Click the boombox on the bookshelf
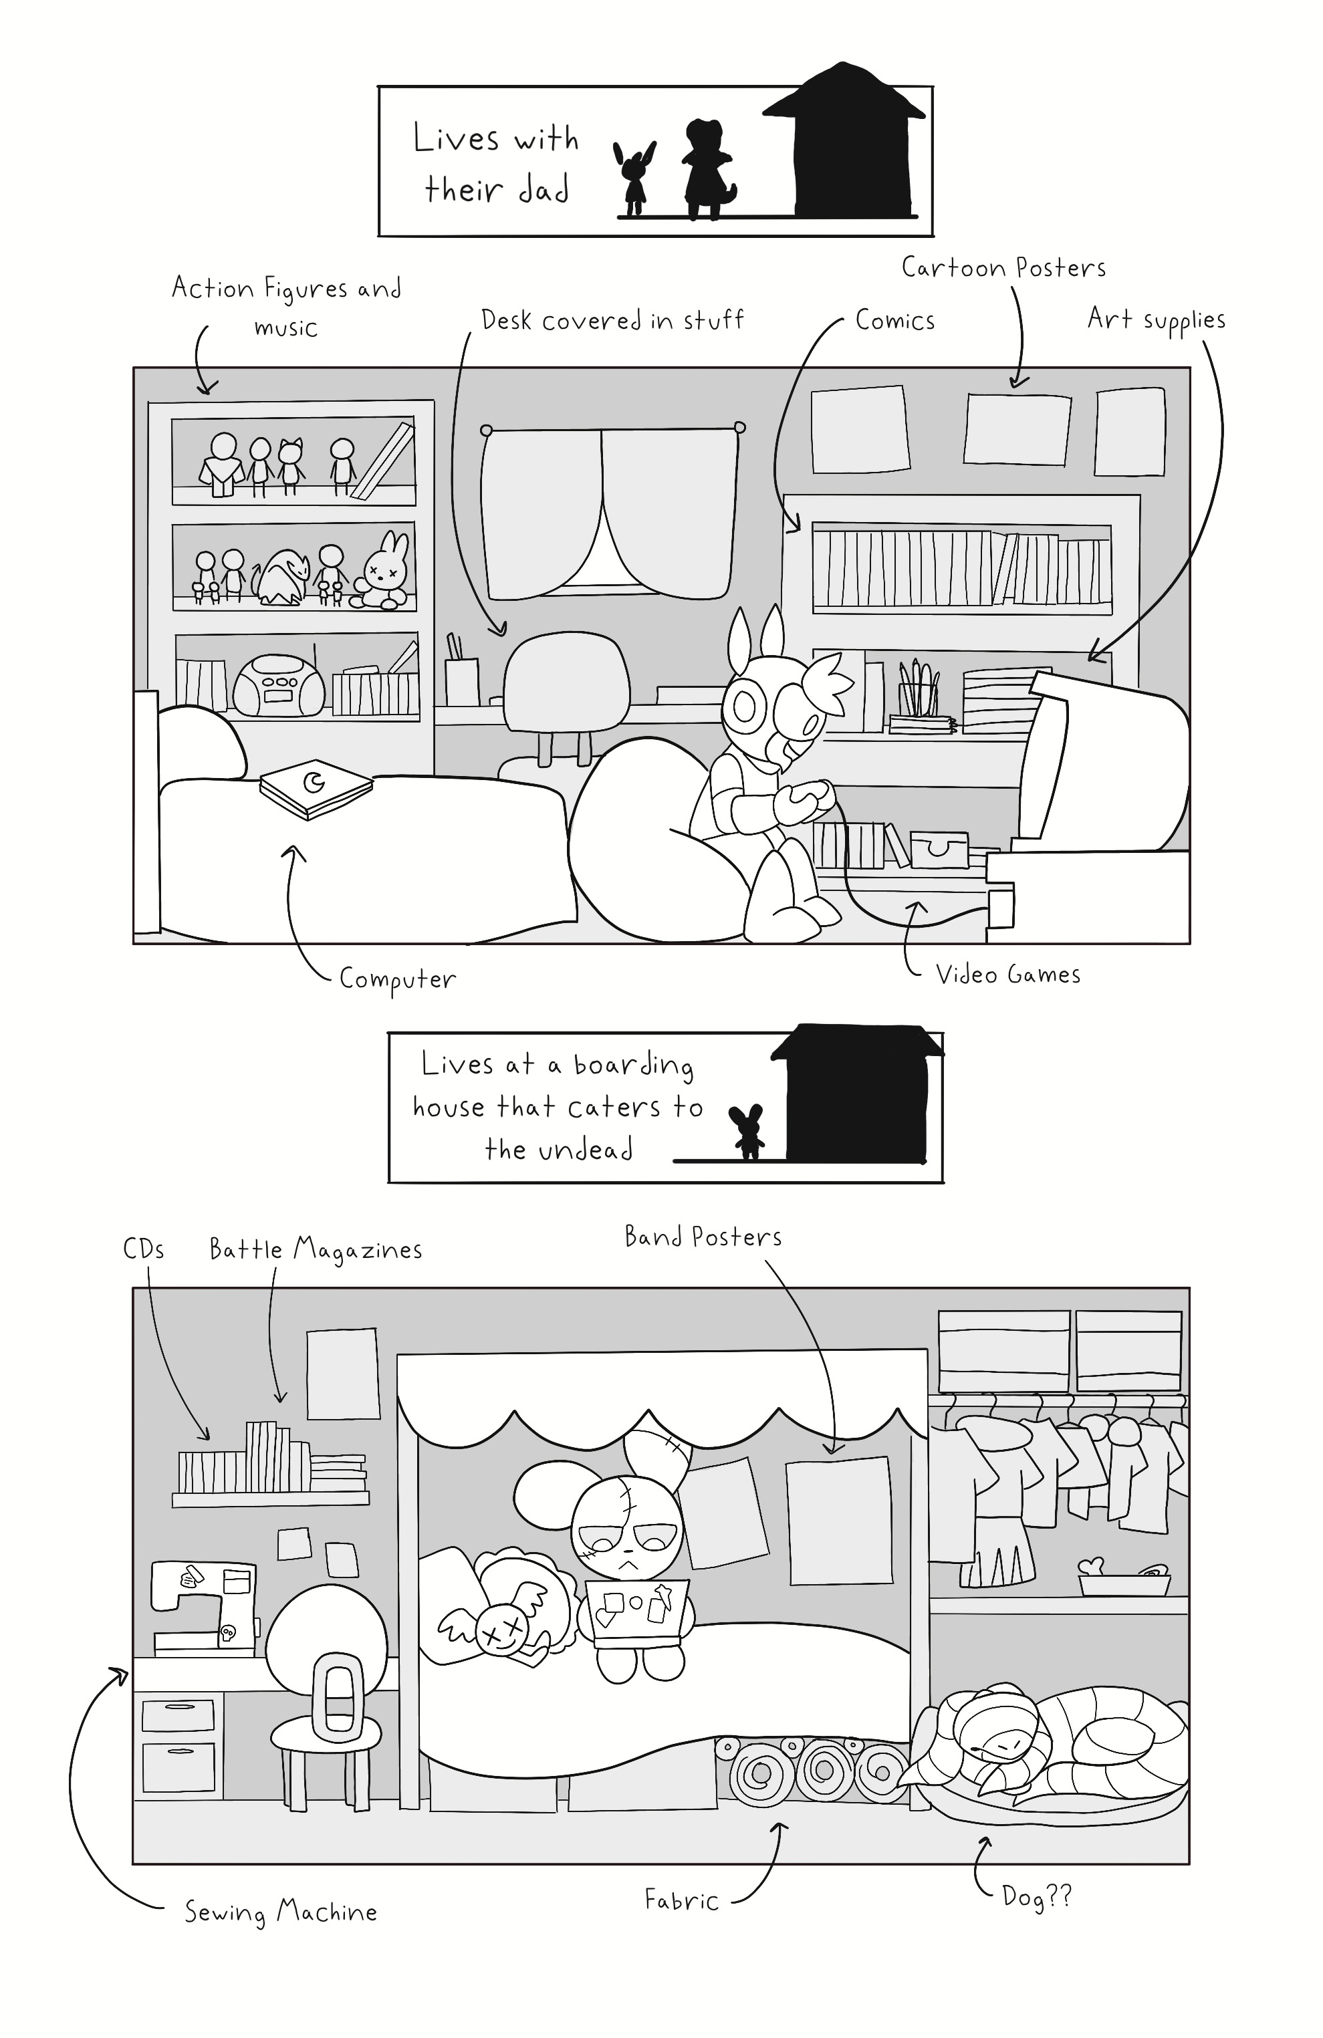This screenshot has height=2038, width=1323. [279, 685]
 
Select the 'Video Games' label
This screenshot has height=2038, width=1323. [1008, 975]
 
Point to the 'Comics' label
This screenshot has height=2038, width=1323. [895, 320]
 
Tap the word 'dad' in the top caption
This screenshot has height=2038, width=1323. [542, 190]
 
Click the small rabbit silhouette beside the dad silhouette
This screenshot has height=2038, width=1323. [634, 178]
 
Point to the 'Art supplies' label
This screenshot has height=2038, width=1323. [1156, 320]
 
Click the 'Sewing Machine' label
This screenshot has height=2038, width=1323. [281, 1912]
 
